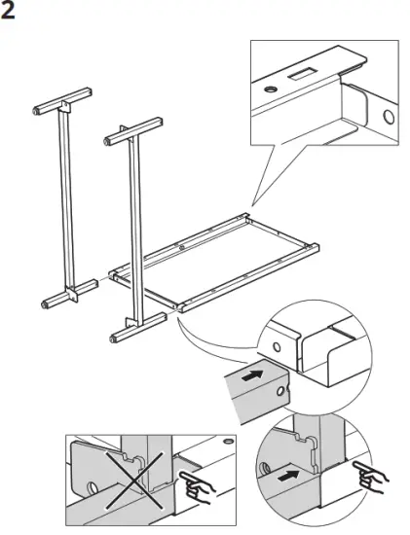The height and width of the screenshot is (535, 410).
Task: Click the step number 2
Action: click(11, 13)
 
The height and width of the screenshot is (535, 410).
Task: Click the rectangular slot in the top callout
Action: click(303, 74)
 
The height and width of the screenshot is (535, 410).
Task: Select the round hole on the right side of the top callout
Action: click(388, 119)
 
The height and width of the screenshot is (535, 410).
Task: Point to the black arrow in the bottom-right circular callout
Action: click(289, 479)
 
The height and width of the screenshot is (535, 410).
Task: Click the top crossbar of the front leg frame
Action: click(129, 129)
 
